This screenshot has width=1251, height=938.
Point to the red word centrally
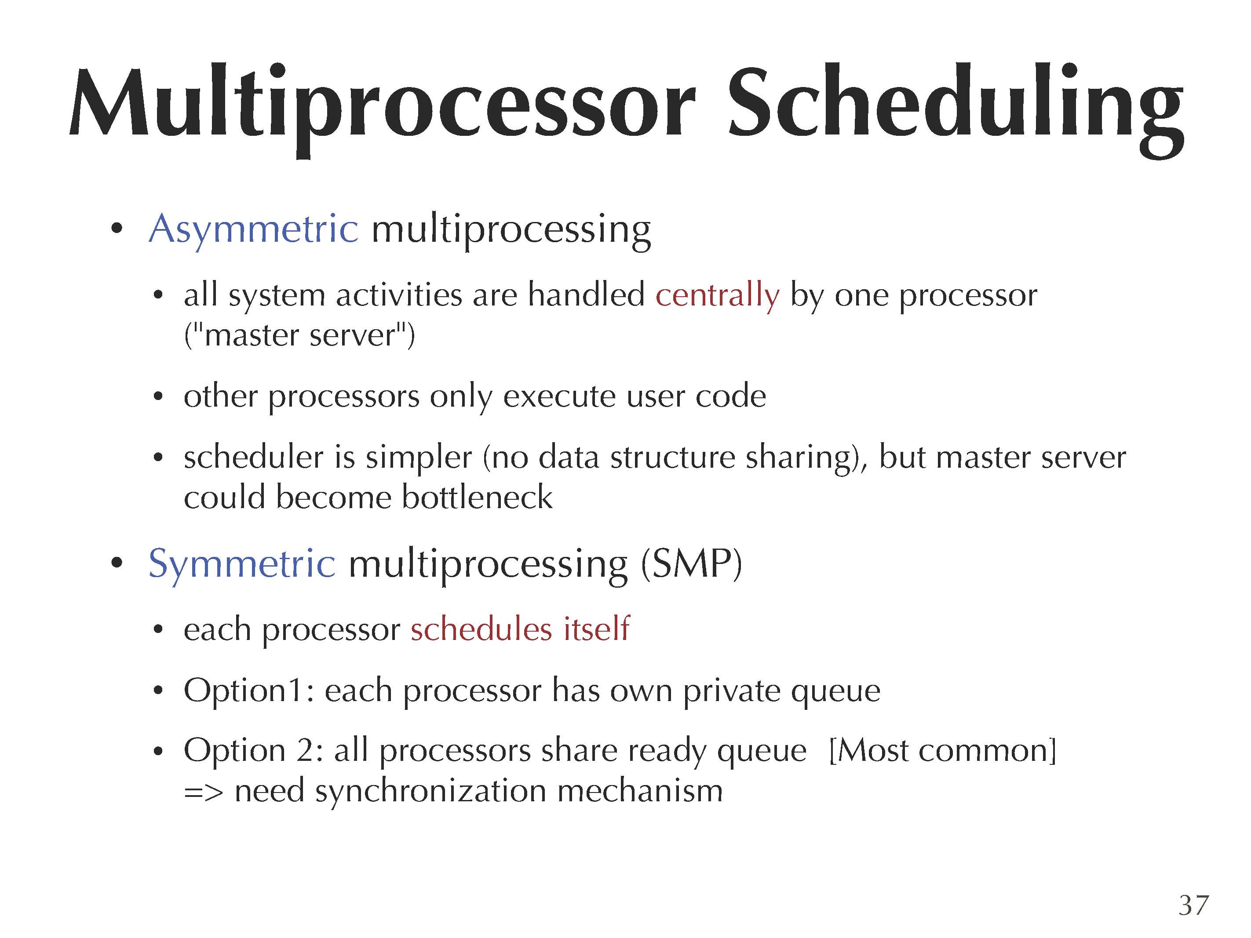[x=717, y=296]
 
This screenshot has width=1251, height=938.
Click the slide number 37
[x=1193, y=905]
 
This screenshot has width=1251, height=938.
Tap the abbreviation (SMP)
[x=691, y=564]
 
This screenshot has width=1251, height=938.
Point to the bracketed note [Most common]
[x=942, y=751]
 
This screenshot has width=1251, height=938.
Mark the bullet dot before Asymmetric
[x=117, y=229]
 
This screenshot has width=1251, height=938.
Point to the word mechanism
[x=640, y=790]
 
